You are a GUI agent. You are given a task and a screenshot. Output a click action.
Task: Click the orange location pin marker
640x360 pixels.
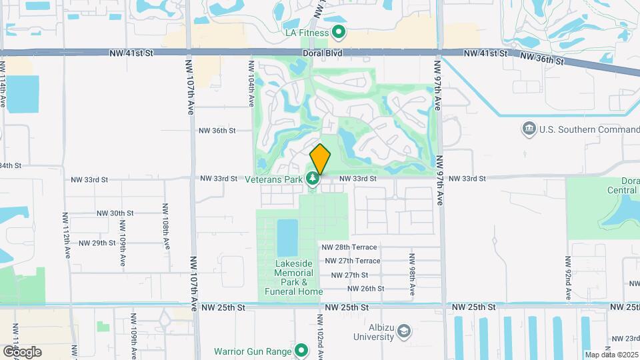(x=320, y=159)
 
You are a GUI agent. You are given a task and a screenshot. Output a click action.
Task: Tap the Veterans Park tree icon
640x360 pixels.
(x=312, y=179)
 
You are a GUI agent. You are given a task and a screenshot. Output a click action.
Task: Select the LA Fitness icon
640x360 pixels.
(x=339, y=32)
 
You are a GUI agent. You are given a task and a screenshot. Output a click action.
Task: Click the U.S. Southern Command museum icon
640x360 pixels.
(x=529, y=129)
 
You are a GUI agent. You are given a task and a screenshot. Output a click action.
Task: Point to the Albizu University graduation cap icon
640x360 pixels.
(x=405, y=331)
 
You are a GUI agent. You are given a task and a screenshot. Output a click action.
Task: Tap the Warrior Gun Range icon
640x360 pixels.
(x=301, y=351)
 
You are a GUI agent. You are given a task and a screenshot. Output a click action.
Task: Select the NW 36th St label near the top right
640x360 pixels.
(x=542, y=59)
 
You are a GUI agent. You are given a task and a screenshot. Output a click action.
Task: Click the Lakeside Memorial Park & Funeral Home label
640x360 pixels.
(x=293, y=277)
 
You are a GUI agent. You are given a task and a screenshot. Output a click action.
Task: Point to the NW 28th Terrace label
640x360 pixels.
(x=353, y=247)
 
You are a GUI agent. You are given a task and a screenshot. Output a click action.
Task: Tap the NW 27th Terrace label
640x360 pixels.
(x=351, y=261)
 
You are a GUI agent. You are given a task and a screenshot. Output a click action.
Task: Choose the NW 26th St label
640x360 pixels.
(x=366, y=289)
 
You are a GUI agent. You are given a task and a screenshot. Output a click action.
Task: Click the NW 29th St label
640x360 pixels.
(x=97, y=243)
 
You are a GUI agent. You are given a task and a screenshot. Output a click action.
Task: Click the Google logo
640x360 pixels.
(x=22, y=351)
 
